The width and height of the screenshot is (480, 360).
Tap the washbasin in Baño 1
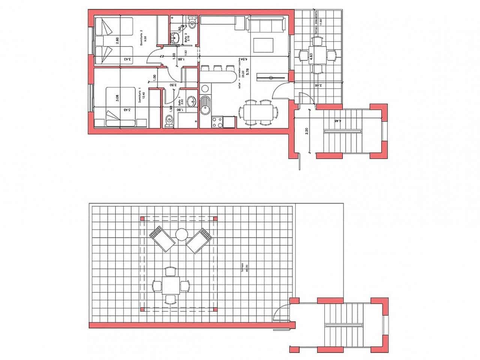pyautogui.click(x=191, y=101)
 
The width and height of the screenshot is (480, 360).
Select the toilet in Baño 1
pyautogui.click(x=169, y=121)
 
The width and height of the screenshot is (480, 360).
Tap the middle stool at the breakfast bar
pyautogui.click(x=217, y=68)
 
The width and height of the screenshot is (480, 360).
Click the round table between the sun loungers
pyautogui.click(x=181, y=235)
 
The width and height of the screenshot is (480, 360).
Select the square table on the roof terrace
pyautogui.click(x=171, y=286)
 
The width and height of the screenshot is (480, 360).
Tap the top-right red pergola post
pyautogui.click(x=215, y=218)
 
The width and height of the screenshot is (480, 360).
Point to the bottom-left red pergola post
pyautogui.click(x=142, y=309)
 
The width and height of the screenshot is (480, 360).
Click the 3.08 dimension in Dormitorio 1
pyautogui.click(x=117, y=98)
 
